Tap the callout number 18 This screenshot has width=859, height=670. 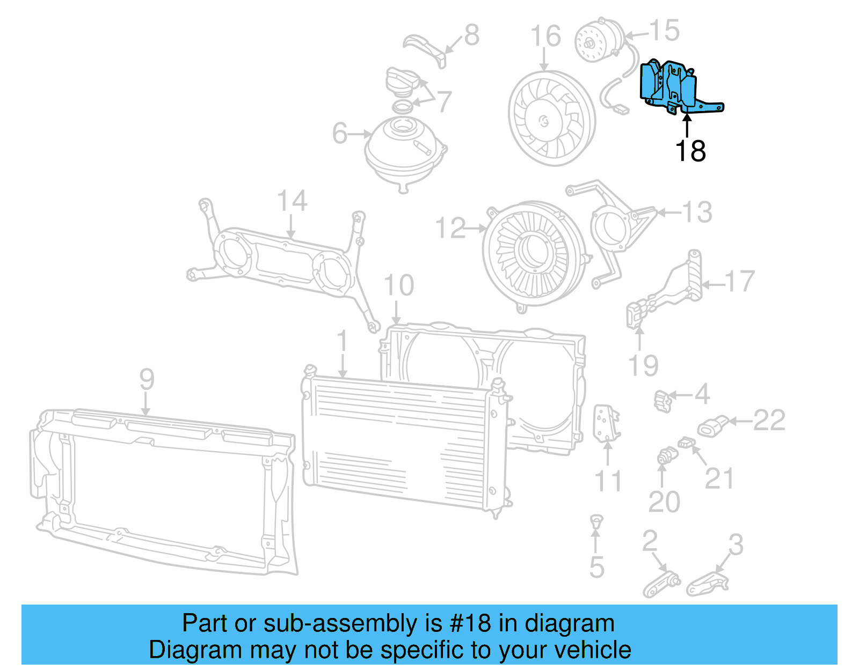[x=690, y=151]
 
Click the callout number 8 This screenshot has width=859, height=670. [x=471, y=35]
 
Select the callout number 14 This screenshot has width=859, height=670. [x=292, y=201]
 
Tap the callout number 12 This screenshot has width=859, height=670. [x=450, y=229]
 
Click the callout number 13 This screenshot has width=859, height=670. [x=697, y=212]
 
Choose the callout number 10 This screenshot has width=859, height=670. [x=399, y=285]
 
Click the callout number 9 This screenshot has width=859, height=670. [x=147, y=380]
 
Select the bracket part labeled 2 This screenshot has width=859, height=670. [x=661, y=585]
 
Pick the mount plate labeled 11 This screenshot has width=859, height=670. [x=606, y=424]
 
